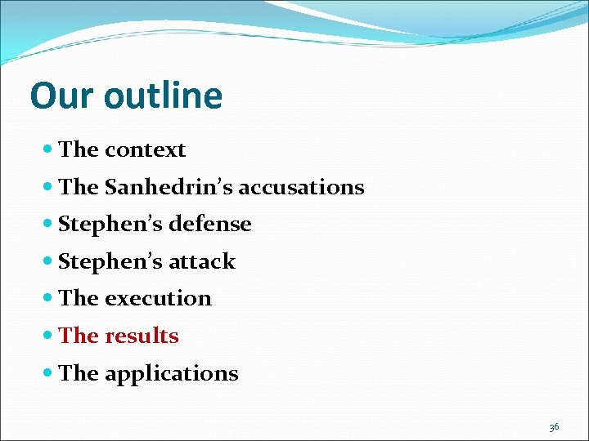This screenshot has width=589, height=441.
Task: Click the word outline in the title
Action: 163,96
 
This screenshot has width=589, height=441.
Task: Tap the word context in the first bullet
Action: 145,150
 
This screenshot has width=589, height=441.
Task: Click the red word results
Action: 142,336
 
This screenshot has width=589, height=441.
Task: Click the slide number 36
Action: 554,427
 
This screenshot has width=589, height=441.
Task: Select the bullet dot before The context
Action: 48,150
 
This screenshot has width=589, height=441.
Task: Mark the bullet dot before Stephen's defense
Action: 48,225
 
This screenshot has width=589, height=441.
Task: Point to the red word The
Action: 79,336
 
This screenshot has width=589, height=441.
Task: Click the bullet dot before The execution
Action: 48,299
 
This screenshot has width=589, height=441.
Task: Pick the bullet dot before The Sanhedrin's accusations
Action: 48,188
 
